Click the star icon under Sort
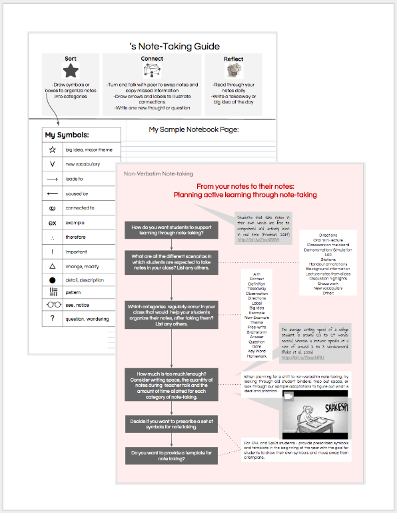[71, 71]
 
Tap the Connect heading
[152, 59]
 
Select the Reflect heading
[233, 59]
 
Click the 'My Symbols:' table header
[67, 135]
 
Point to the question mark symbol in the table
[52, 318]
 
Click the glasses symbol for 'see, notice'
[52, 305]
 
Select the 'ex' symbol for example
[52, 221]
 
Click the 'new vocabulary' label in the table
[83, 164]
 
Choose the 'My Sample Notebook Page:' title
[193, 129]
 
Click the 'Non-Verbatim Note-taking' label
[153, 175]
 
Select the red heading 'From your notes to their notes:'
[244, 187]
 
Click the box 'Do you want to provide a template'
[173, 456]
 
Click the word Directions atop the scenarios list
[328, 235]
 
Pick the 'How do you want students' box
[173, 229]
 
